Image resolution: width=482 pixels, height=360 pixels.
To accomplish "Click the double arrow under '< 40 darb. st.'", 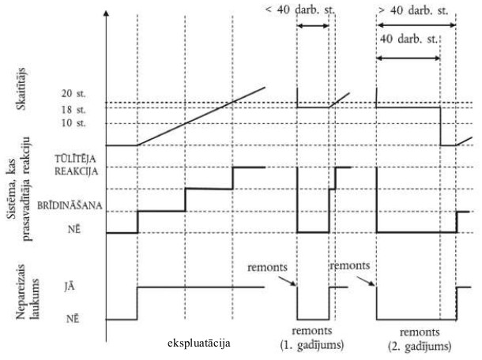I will (313, 27).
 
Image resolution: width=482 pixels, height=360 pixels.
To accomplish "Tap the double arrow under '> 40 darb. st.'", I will (416, 25).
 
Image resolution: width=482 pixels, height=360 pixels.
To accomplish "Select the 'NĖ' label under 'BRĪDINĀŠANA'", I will (71, 233).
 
